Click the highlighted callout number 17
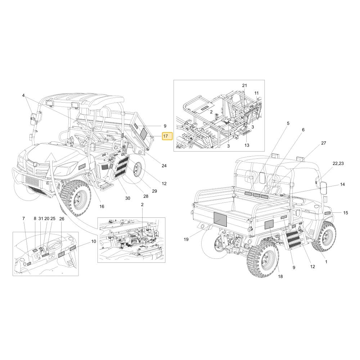tap(165, 136)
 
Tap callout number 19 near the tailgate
tap(186, 239)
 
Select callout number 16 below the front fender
tap(102, 206)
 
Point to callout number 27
tap(324, 143)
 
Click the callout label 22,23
tap(338, 163)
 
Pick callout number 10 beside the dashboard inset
tap(94, 241)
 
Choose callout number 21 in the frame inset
tap(244, 85)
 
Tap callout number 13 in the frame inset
tap(247, 145)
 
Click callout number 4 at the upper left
tap(23, 95)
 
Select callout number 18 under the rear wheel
tap(280, 276)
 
